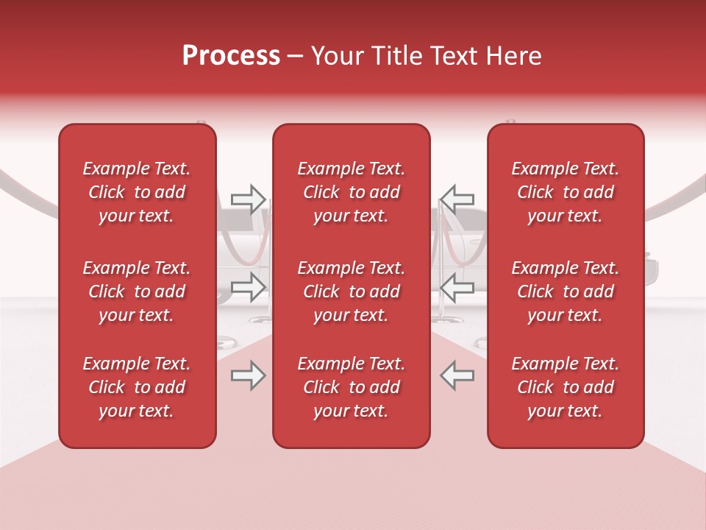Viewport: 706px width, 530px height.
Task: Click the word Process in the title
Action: pos(231,56)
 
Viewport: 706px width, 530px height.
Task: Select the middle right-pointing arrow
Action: pos(249,286)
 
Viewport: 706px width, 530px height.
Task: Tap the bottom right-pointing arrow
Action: pos(249,375)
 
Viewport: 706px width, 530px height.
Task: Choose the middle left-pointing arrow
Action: pos(457,286)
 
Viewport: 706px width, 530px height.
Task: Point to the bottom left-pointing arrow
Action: pos(457,375)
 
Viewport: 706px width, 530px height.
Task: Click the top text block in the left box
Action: pos(137,192)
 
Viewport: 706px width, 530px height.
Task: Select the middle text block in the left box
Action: pos(137,291)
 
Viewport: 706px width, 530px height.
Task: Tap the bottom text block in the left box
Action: pos(137,387)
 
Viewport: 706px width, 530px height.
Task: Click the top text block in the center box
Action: pos(351,192)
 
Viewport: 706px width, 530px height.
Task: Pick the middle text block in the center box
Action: pos(351,291)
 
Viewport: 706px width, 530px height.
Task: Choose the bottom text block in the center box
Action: pos(351,387)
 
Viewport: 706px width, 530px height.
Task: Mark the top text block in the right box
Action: pos(566,192)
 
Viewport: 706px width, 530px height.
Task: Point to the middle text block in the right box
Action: pos(566,291)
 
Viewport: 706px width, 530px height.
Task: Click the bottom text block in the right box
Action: pos(566,387)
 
